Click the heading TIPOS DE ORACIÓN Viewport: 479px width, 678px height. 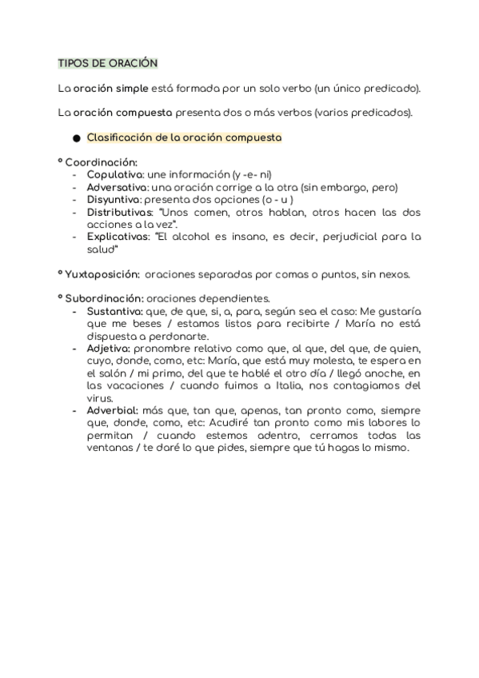click(108, 62)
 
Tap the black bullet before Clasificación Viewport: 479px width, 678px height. click(77, 138)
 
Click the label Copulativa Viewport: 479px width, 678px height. click(115, 174)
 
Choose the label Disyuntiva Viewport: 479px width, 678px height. click(114, 200)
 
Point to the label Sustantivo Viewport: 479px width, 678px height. click(115, 311)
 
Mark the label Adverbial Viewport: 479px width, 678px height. click(113, 410)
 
